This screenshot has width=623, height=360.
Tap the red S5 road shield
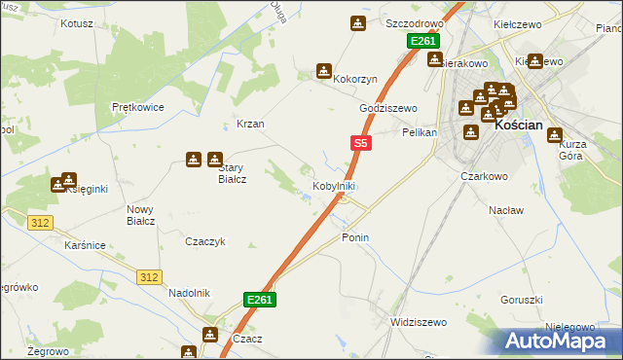pyautogui.click(x=360, y=143)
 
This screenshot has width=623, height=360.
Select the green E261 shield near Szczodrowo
pyautogui.click(x=423, y=42)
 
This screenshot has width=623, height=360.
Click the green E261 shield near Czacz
pyautogui.click(x=259, y=300)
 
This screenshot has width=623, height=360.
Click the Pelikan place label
pyautogui.click(x=421, y=131)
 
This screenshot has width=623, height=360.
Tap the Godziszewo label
pyautogui.click(x=388, y=108)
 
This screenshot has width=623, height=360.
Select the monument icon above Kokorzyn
pyautogui.click(x=323, y=71)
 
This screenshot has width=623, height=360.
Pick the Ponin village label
pyautogui.click(x=355, y=237)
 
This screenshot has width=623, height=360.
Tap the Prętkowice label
pyautogui.click(x=137, y=107)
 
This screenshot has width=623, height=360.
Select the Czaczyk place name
pyautogui.click(x=205, y=241)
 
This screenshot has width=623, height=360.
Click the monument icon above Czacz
pyautogui.click(x=210, y=335)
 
